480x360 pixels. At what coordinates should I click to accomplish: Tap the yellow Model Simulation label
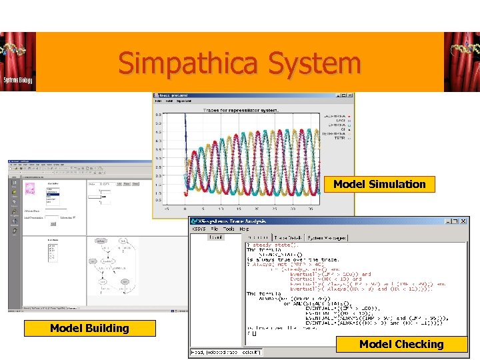click(379, 184)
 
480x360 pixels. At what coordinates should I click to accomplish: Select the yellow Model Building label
click(89, 328)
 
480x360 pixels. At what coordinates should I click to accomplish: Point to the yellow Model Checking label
click(401, 344)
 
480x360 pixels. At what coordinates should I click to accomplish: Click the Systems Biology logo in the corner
click(18, 62)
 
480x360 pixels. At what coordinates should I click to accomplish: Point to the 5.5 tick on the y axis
click(158, 115)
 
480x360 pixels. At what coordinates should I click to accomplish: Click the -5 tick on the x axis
click(166, 207)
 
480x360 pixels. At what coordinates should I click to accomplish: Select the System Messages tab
click(327, 237)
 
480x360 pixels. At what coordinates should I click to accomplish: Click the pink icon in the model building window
click(30, 189)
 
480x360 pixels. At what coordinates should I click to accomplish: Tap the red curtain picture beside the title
click(461, 62)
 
